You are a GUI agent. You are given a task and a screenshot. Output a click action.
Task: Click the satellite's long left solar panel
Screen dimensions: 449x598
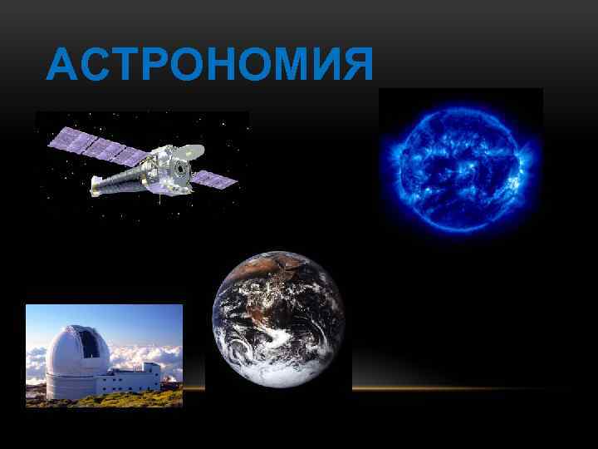tap(96, 148)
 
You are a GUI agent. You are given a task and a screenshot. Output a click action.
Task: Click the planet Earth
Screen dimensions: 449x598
tap(279, 319)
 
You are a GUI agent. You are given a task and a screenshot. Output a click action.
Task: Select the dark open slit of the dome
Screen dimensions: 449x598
tap(87, 342)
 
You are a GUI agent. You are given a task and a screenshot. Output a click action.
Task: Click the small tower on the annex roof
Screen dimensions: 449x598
tap(149, 368)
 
